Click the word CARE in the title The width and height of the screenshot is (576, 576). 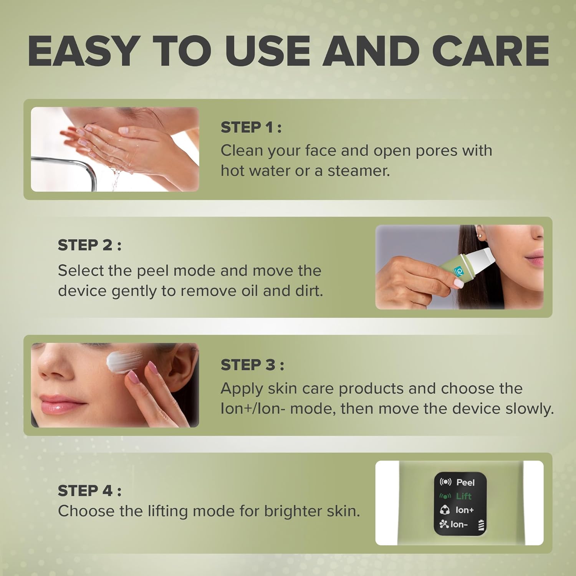[x=490, y=51]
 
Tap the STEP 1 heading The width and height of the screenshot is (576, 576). [x=251, y=127]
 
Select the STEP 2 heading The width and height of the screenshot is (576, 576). [x=89, y=245]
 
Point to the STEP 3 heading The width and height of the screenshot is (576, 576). [x=252, y=365]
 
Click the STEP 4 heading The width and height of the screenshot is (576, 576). [x=89, y=491]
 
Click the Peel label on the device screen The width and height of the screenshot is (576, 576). [x=465, y=482]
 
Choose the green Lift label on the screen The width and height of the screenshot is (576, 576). [x=463, y=496]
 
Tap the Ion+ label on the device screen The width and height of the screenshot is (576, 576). [x=464, y=510]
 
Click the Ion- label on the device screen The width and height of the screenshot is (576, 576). [x=459, y=524]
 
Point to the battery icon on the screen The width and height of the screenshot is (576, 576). [x=481, y=525]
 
